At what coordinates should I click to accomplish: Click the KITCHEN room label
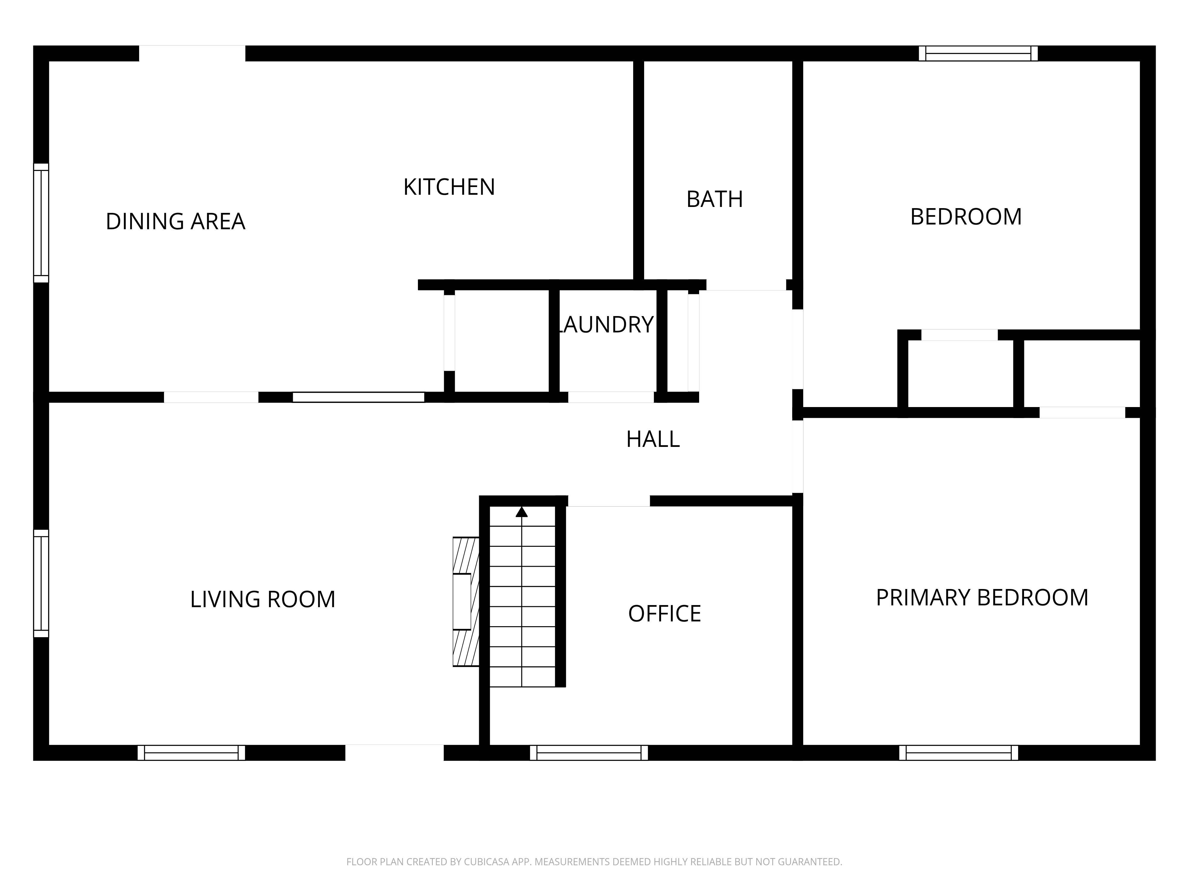[449, 187]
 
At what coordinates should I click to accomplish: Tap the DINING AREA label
[175, 222]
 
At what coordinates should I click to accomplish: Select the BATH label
[714, 200]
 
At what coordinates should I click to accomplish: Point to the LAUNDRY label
[606, 325]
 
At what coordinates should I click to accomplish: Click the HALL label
[652, 439]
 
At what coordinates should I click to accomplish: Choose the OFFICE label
[664, 613]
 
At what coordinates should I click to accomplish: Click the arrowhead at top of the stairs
[521, 512]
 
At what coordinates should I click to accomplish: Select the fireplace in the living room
[465, 602]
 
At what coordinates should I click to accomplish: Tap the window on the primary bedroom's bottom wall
[958, 753]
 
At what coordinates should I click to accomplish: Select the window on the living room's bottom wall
[191, 753]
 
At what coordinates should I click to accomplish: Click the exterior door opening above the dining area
[192, 53]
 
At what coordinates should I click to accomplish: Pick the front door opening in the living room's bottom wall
[394, 753]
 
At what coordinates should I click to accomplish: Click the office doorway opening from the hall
[609, 501]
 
